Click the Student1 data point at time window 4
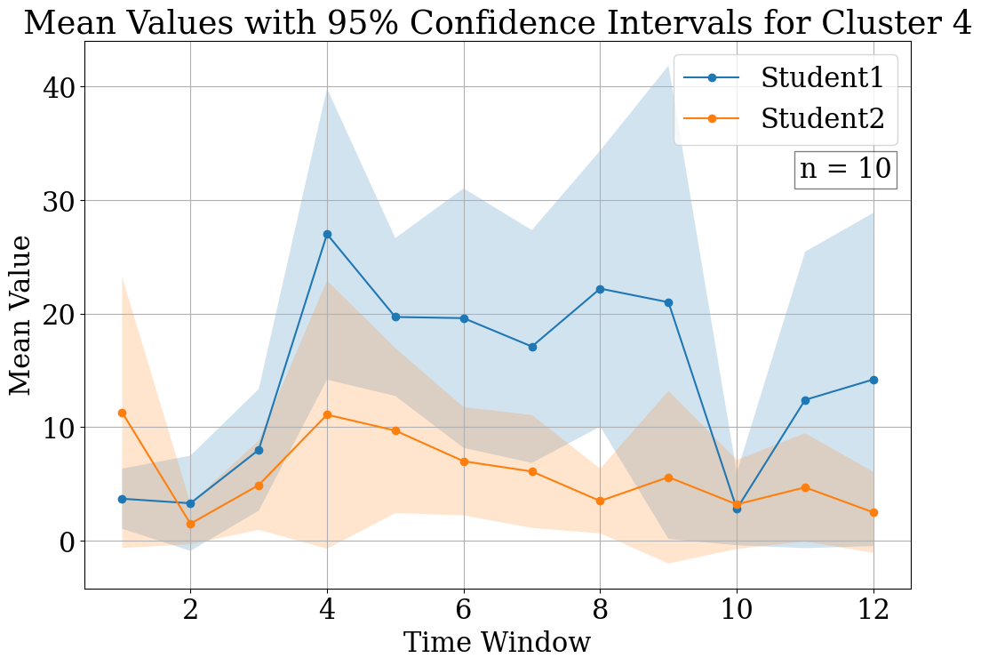coord(327,234)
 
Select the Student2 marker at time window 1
coord(122,413)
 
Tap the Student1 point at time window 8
coord(601,289)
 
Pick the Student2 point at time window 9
coord(669,477)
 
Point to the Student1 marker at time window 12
coord(873,380)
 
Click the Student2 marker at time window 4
coord(327,414)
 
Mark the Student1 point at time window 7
coord(532,347)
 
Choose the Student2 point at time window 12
coord(873,512)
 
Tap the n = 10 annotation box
coord(845,169)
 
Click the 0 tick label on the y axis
coord(68,542)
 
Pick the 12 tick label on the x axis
coord(873,610)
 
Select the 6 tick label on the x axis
coord(464,610)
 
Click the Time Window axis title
coord(497,643)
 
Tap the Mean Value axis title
coord(21,315)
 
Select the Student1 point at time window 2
coord(190,503)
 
